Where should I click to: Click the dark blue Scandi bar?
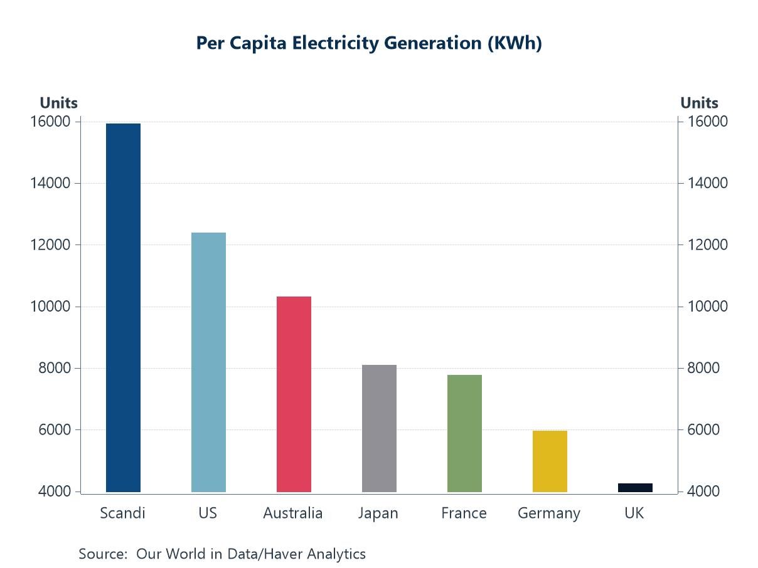(x=123, y=307)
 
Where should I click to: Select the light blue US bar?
(x=208, y=362)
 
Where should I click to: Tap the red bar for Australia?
(x=294, y=394)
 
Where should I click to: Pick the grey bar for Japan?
(x=379, y=428)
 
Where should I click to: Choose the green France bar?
(x=464, y=433)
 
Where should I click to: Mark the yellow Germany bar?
(x=550, y=461)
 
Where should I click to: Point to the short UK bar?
(x=635, y=488)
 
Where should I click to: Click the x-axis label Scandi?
(x=122, y=513)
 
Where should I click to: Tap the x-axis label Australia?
(x=293, y=513)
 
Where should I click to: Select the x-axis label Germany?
(x=549, y=513)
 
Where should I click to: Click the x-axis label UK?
(x=634, y=513)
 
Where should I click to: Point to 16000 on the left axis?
(x=50, y=121)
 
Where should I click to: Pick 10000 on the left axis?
(x=50, y=307)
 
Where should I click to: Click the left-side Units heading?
(x=58, y=103)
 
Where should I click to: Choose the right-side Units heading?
(x=699, y=103)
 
